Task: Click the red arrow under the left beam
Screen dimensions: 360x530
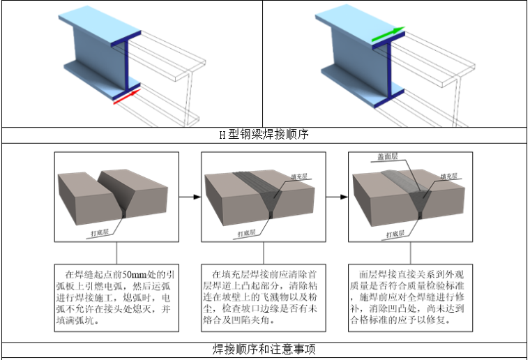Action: pos(127,98)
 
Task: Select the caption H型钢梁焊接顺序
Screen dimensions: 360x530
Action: pos(264,135)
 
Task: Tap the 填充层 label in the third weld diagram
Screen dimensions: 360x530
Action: pos(451,177)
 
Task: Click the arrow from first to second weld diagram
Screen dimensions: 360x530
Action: pos(187,197)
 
